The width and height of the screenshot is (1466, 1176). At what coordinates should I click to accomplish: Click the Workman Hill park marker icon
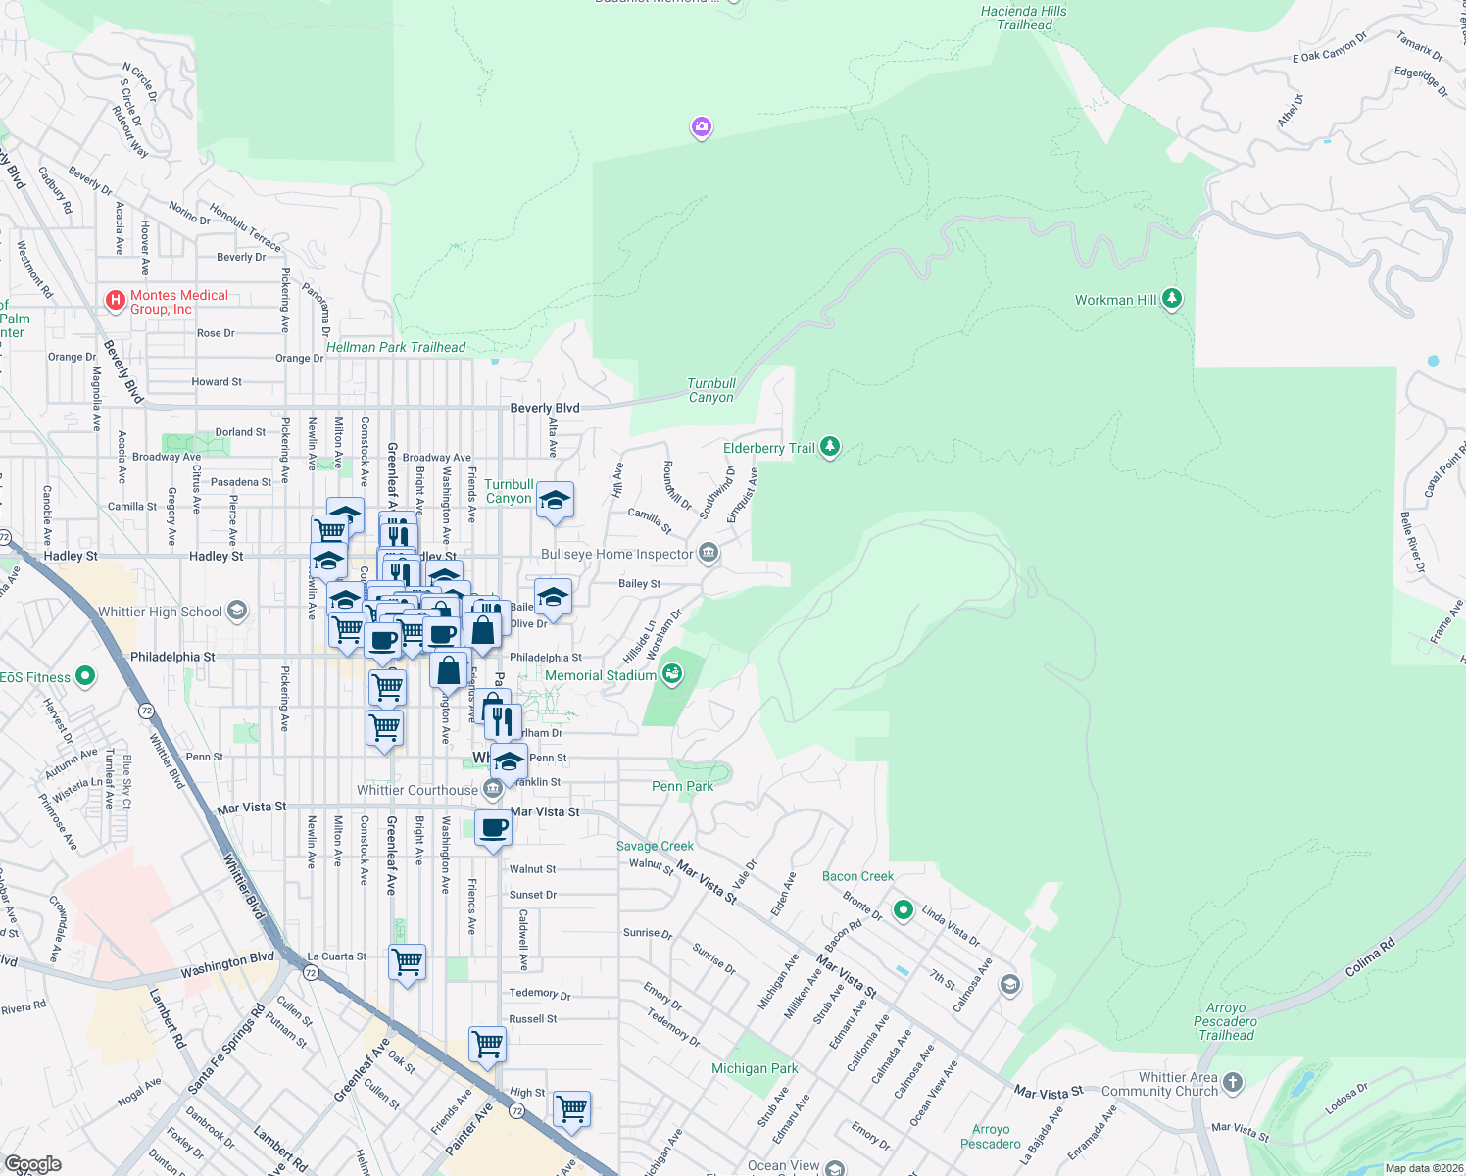(1172, 299)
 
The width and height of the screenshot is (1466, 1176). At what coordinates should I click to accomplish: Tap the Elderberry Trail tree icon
(830, 448)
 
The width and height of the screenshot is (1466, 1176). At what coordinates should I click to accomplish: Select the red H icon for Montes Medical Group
(116, 300)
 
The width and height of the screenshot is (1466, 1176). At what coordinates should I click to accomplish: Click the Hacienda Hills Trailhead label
(1024, 18)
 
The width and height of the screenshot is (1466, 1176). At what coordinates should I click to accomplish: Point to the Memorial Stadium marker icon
(672, 673)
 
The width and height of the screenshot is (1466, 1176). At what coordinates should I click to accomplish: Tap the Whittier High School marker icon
(236, 612)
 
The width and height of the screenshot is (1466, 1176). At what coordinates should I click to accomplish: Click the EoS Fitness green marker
(85, 676)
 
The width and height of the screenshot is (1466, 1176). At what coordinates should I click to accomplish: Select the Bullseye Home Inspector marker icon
(709, 554)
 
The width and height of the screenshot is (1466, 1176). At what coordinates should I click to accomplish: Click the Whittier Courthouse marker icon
(494, 788)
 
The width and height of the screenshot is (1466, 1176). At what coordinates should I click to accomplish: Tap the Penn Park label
(683, 786)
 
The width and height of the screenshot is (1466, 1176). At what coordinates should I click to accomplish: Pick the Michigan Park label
(755, 1068)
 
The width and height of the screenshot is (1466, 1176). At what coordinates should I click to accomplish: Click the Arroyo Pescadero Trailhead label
(1226, 1021)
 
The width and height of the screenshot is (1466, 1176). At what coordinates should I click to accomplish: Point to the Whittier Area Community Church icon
(1233, 1082)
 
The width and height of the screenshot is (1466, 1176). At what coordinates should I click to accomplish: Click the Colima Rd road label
(1370, 958)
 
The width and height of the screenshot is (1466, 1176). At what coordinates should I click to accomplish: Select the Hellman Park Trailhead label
(396, 347)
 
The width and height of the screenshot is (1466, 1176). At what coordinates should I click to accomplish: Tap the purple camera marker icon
(701, 126)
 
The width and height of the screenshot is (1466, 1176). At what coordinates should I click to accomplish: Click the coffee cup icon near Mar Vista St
(494, 828)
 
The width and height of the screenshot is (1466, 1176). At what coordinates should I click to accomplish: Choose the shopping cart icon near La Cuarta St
(407, 961)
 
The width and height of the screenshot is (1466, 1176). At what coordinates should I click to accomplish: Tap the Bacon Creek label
(857, 876)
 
